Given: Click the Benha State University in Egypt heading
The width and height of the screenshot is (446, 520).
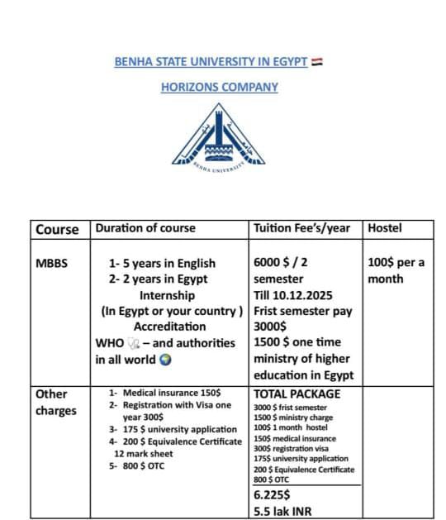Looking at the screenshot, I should point(211,62).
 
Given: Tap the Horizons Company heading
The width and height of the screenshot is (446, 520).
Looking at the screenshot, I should point(219,87).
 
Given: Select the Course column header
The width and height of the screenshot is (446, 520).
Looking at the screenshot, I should point(58,229).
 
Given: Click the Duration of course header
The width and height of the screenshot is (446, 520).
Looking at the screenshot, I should point(145,228).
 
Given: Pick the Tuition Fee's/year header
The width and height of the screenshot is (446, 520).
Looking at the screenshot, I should point(303,228).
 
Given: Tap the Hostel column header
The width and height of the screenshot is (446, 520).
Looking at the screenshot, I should point(385,228).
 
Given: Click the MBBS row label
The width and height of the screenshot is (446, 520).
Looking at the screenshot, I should point(52,264).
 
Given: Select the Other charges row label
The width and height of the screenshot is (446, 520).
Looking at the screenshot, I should point(56,402).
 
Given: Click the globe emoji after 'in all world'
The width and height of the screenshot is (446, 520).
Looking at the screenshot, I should point(165,360).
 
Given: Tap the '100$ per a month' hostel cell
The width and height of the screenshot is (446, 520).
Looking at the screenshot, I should point(396,270).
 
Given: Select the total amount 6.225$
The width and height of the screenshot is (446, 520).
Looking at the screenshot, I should point(272,494).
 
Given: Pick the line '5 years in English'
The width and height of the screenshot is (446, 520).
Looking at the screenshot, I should point(162,264).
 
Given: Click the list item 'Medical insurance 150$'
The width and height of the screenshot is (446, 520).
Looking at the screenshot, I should point(171,393).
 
